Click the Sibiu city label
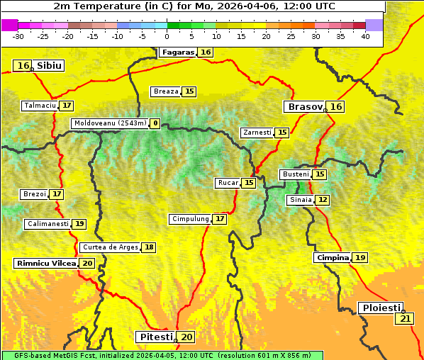click(x=49, y=66)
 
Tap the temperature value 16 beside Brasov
click(x=336, y=107)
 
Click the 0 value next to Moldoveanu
click(x=155, y=123)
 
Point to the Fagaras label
click(x=177, y=52)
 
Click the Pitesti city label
click(x=156, y=337)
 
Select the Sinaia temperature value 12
click(x=323, y=200)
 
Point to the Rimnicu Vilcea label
click(x=45, y=263)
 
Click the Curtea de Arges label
click(x=109, y=247)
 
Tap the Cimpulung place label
click(x=190, y=219)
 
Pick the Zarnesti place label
click(x=257, y=133)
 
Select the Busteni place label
click(x=295, y=174)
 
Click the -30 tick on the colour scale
click(x=18, y=35)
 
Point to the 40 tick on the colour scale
click(x=365, y=35)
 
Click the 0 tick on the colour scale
click(x=167, y=35)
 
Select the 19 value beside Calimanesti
click(x=79, y=224)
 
